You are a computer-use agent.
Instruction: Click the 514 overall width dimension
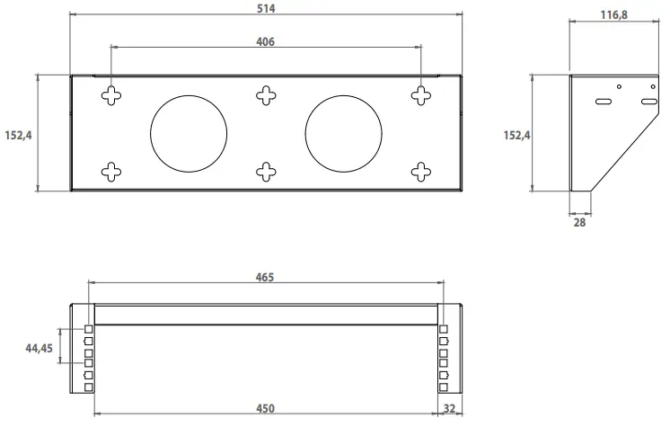click(x=265, y=8)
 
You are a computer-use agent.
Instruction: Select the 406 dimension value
click(x=265, y=41)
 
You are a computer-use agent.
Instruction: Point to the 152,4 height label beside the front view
click(x=18, y=134)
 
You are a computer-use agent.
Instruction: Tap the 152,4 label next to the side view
click(x=516, y=135)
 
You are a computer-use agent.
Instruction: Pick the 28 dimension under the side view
click(x=579, y=221)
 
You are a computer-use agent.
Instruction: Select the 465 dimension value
click(x=264, y=277)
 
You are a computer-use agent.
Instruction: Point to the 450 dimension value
click(x=265, y=409)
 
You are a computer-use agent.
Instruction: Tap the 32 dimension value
click(x=449, y=409)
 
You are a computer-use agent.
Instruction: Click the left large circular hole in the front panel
click(x=190, y=132)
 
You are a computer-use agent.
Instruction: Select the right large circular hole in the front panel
click(x=344, y=132)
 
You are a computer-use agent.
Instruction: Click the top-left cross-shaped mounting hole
click(x=110, y=94)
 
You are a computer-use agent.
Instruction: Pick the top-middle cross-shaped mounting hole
click(x=266, y=94)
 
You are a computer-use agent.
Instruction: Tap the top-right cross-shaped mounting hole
click(x=421, y=94)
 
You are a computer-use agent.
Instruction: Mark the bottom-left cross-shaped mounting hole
click(x=110, y=170)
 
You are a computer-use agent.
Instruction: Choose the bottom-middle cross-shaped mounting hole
click(x=266, y=170)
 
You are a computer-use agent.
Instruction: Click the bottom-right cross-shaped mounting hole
click(x=421, y=170)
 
